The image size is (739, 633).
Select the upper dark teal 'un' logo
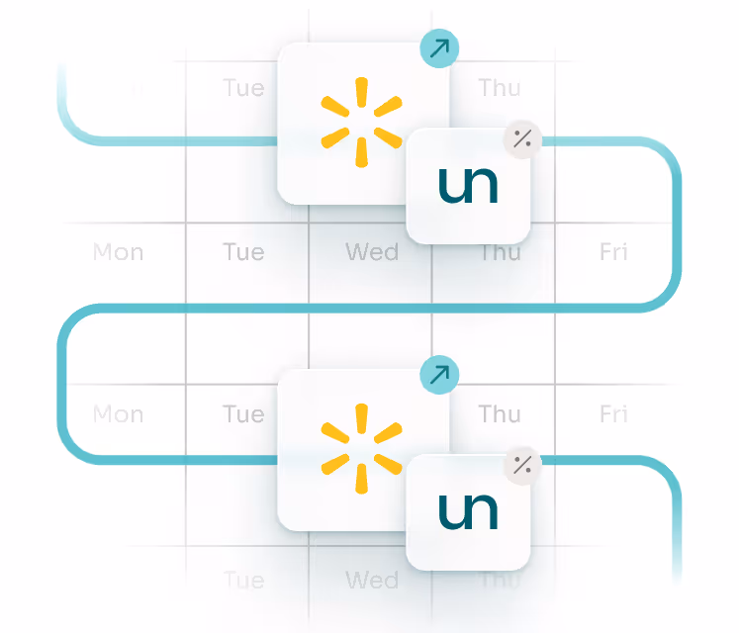[x=468, y=185]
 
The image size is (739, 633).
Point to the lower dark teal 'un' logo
[x=468, y=511]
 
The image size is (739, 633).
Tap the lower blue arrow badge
[x=439, y=375]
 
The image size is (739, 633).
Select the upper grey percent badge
[x=522, y=138]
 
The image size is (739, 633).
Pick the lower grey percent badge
[x=522, y=465]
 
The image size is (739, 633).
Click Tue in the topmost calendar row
[x=243, y=88]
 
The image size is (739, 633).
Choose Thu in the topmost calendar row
[x=500, y=88]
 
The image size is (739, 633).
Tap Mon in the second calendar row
[x=118, y=252]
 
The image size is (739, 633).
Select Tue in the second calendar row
[x=243, y=252]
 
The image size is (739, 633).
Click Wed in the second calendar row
[x=371, y=252]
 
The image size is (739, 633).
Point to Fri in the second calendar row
[x=613, y=252]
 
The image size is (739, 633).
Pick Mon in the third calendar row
[x=118, y=413]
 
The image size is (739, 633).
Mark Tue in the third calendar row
[x=243, y=413]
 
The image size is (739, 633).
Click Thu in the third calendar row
[x=500, y=413]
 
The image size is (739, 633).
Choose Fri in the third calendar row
[x=613, y=413]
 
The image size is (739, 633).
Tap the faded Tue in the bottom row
[x=243, y=579]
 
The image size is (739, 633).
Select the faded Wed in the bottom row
[x=371, y=579]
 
